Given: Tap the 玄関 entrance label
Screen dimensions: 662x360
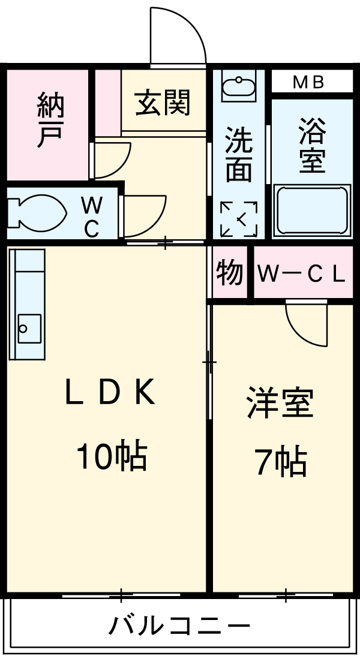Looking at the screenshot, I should tap(162, 102).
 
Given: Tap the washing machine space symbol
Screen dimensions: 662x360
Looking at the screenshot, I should tap(239, 218).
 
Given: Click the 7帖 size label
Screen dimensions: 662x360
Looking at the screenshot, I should tap(281, 462).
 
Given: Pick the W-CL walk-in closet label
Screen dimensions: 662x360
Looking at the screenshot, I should tap(302, 274).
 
